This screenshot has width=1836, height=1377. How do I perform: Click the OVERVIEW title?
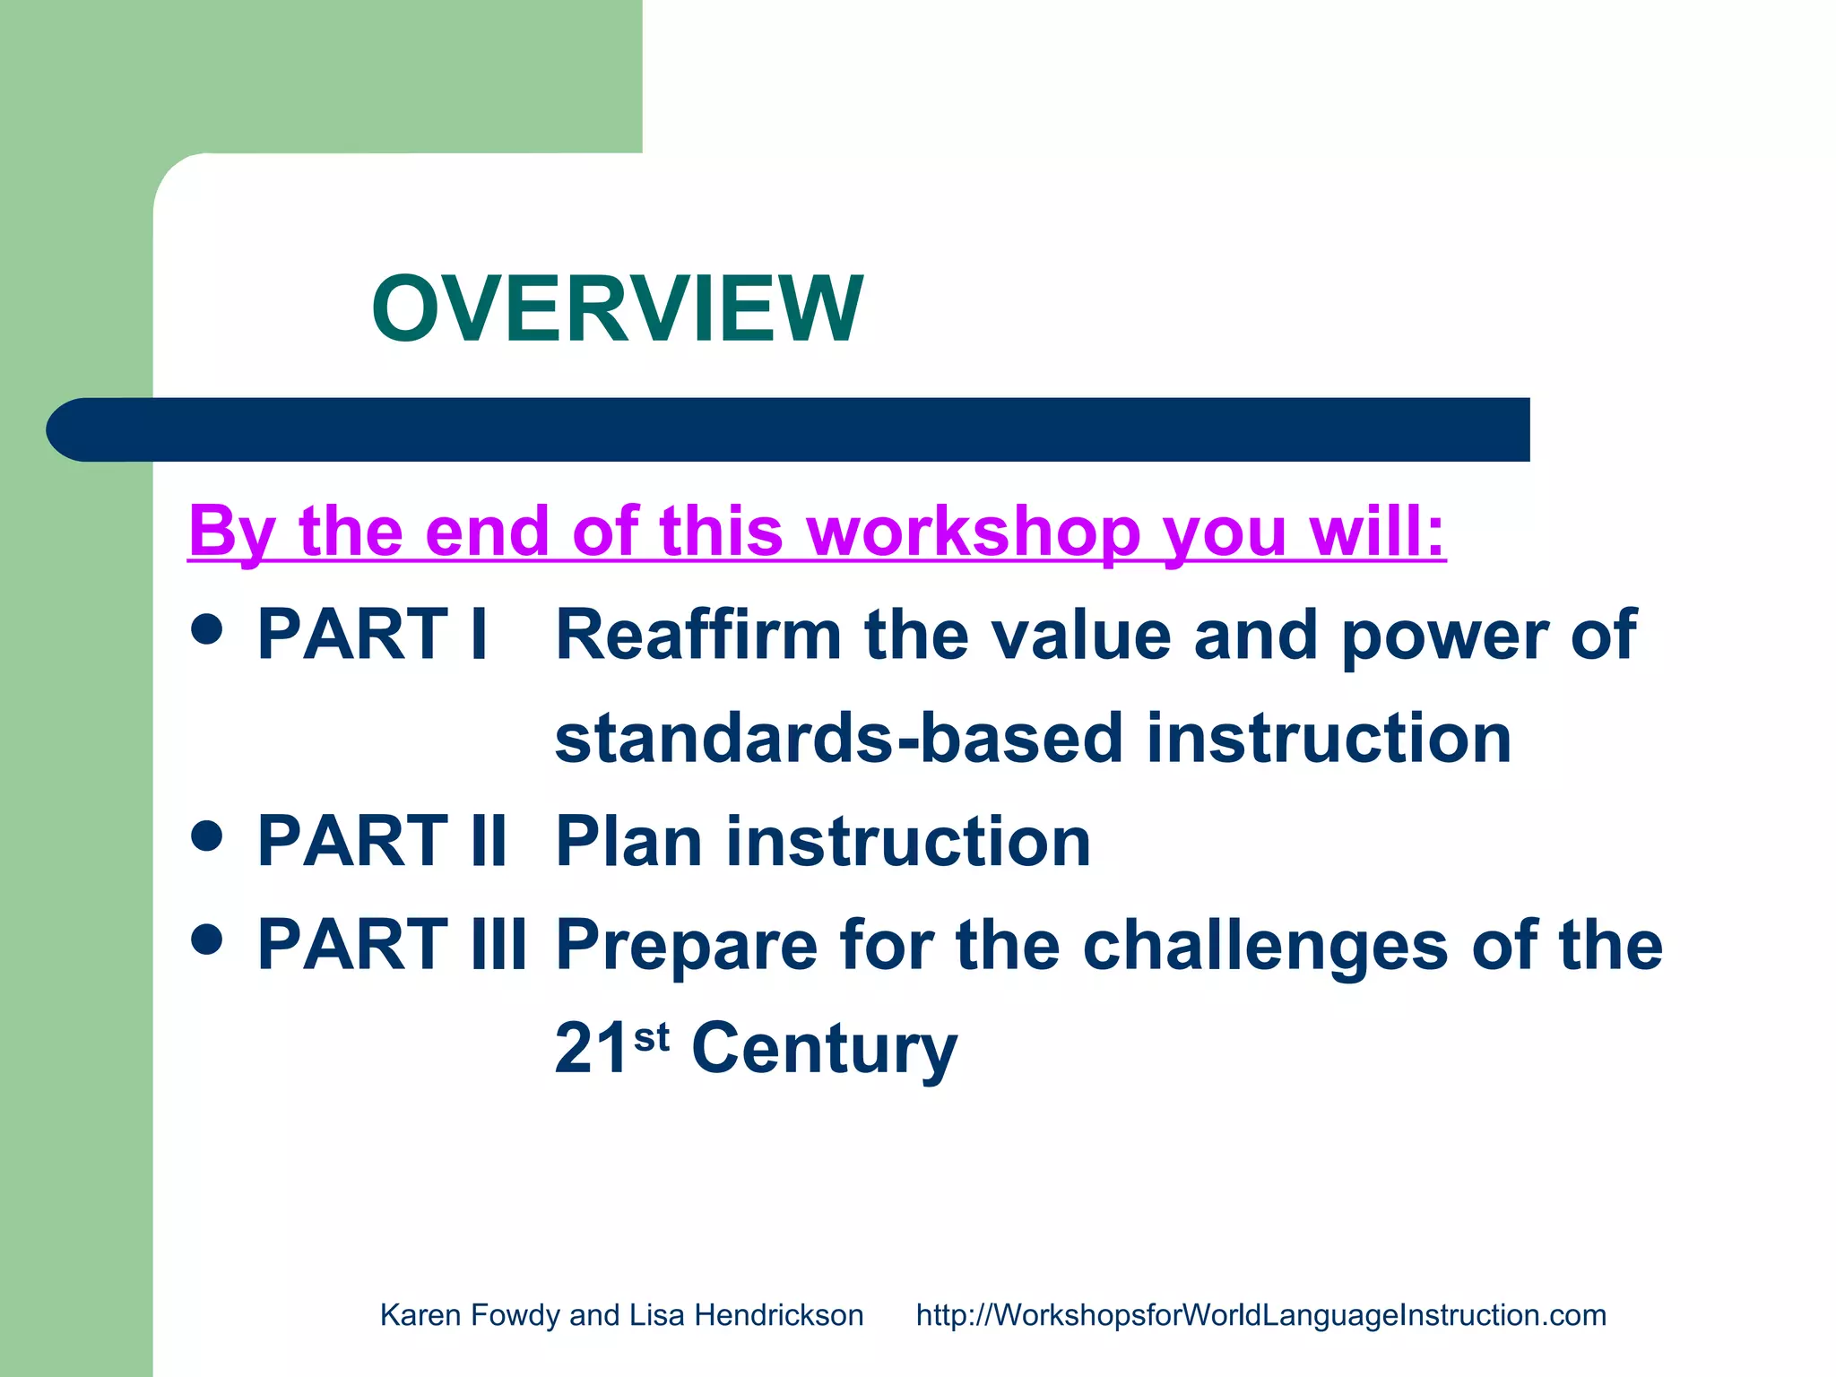617,309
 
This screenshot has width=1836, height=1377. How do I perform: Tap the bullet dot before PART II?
207,836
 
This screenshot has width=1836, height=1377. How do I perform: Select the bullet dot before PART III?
207,940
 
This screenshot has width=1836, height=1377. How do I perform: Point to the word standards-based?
838,738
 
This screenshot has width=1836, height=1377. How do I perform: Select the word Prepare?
687,945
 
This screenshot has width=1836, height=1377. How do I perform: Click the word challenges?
1265,945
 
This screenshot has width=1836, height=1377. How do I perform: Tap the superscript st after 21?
652,1036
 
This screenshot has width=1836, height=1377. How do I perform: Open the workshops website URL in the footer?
1260,1315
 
